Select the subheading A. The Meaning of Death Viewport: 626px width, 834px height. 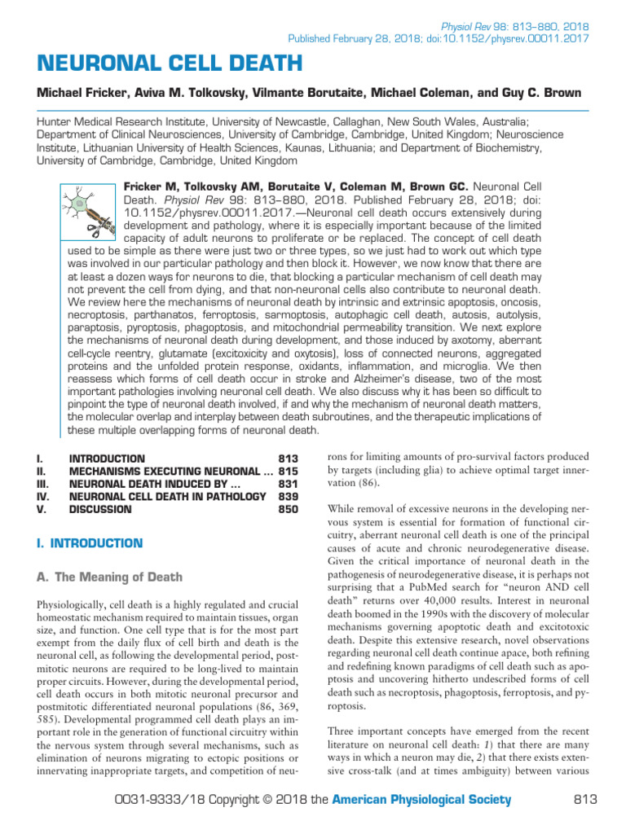click(108, 577)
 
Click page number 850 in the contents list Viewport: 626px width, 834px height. click(289, 509)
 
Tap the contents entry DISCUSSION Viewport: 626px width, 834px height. click(100, 509)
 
